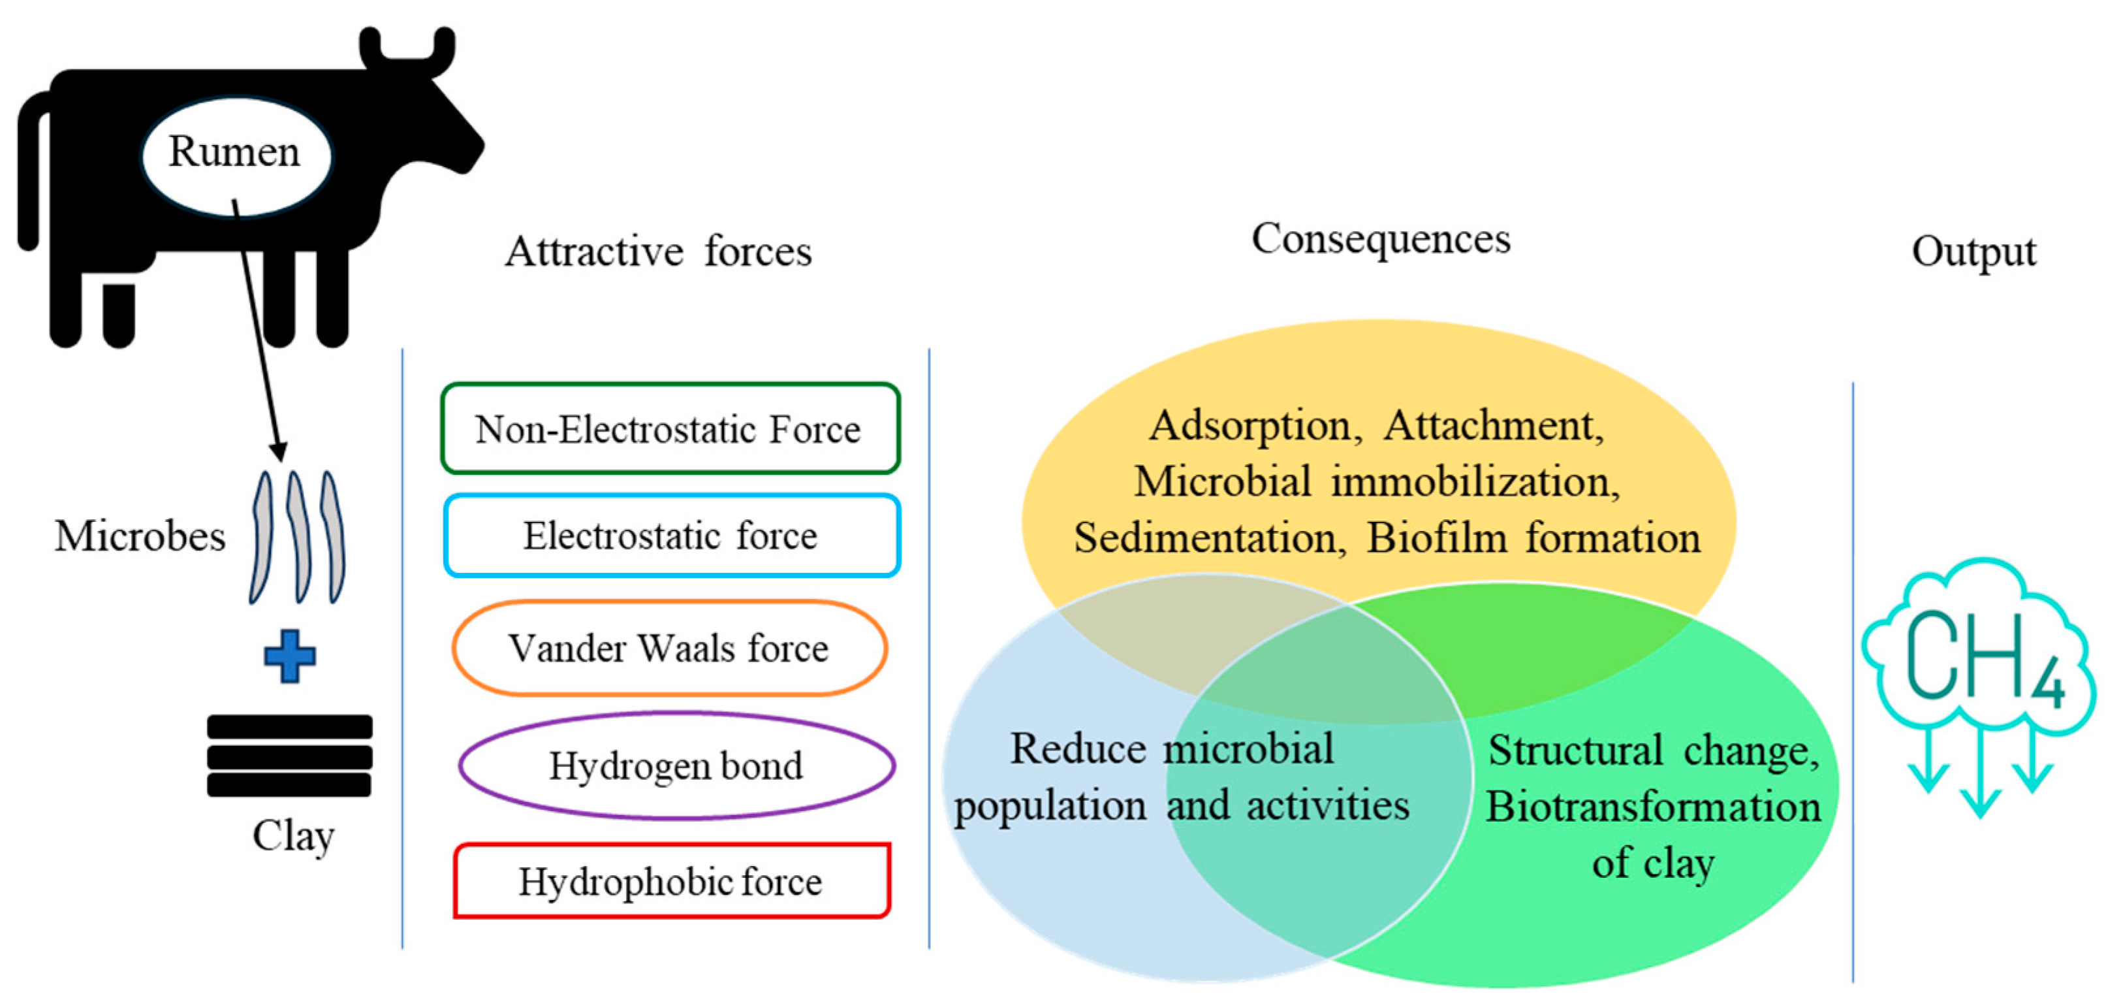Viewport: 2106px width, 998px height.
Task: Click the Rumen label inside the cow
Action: click(234, 152)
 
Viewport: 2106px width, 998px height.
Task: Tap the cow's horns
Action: click(406, 49)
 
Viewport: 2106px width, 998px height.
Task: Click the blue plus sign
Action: click(289, 656)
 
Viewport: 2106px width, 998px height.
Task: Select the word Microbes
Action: click(140, 537)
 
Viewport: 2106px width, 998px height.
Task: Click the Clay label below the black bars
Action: click(292, 836)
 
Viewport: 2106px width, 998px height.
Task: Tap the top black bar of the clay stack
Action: click(289, 726)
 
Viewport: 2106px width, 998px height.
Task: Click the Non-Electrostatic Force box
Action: click(670, 428)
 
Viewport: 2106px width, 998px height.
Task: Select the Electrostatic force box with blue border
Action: click(671, 536)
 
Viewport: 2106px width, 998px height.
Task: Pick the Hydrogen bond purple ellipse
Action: click(676, 765)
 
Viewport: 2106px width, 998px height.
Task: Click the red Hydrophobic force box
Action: click(671, 882)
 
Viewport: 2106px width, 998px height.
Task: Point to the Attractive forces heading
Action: click(658, 251)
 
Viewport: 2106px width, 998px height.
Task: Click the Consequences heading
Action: click(1381, 239)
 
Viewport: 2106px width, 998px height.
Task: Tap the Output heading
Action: click(1973, 251)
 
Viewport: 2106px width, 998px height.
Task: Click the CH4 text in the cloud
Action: click(1982, 659)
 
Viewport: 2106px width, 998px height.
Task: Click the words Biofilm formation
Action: click(1533, 538)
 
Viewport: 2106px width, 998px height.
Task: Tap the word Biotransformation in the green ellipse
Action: click(1653, 807)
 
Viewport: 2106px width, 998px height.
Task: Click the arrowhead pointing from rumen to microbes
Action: click(279, 451)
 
